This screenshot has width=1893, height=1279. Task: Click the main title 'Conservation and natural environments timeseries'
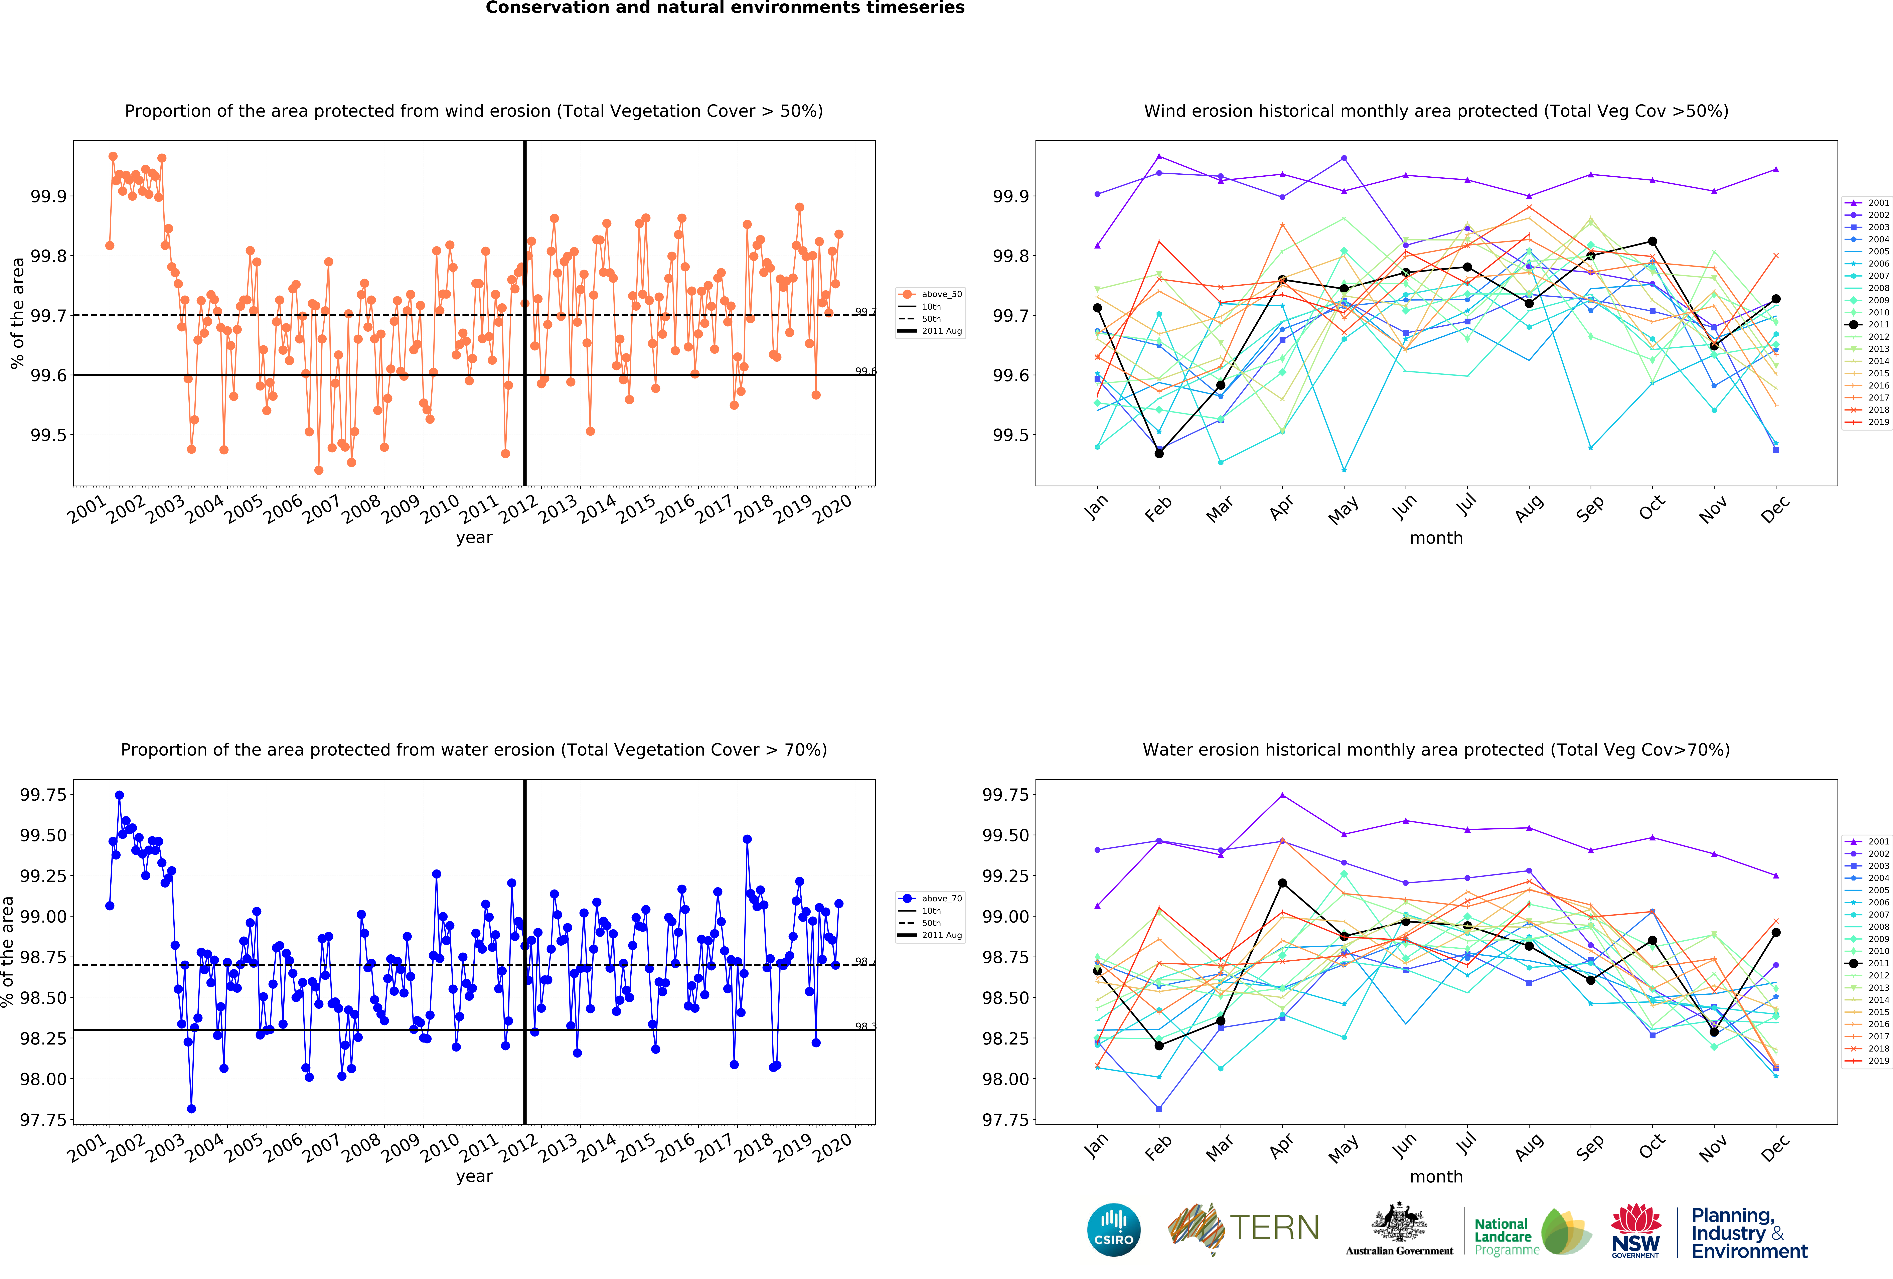(725, 8)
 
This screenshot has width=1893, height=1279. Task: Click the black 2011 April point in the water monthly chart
(1282, 883)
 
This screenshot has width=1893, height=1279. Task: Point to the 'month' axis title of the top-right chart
(1436, 538)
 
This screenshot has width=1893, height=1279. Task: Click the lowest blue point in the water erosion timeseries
(191, 1109)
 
